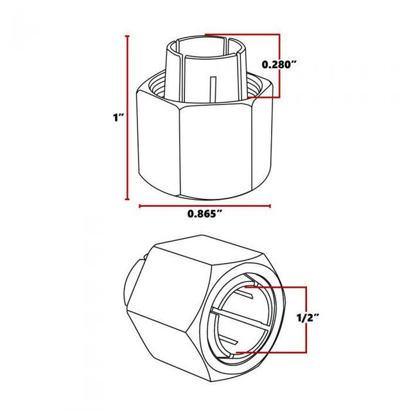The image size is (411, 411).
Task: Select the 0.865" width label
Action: coord(204,214)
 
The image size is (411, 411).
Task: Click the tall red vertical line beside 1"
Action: coord(127,118)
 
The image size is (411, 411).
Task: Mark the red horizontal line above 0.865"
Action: coord(205,205)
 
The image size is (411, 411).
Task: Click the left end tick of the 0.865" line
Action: coord(140,205)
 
